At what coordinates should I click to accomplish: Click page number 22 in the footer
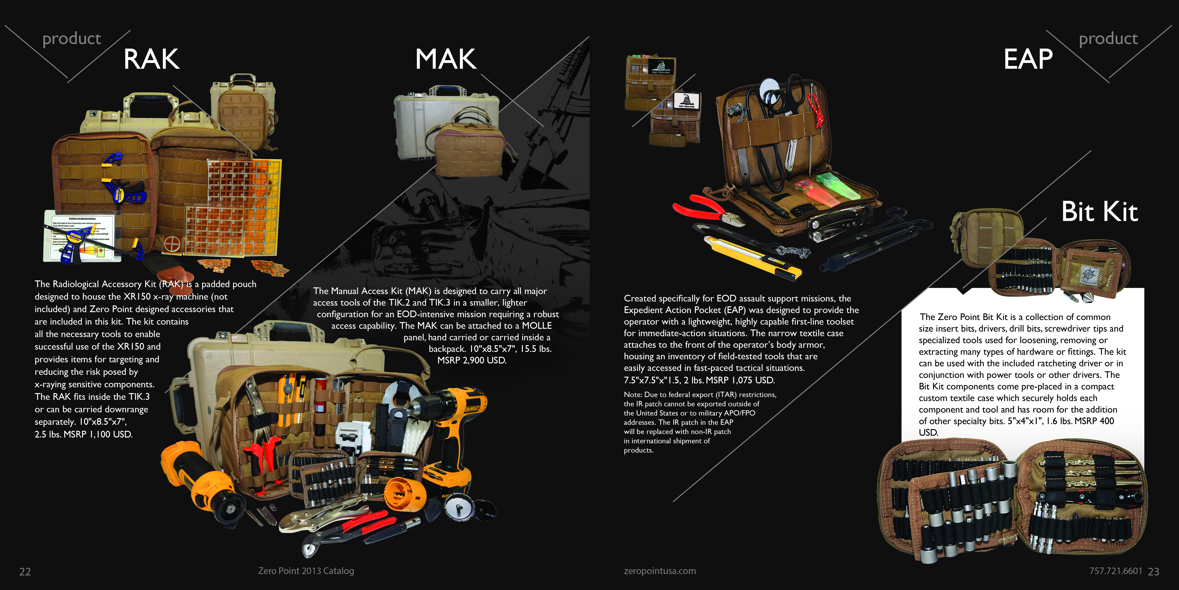25,572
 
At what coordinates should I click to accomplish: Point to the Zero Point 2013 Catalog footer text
306,571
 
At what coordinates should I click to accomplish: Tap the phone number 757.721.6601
1116,571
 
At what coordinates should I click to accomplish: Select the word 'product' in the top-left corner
71,39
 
